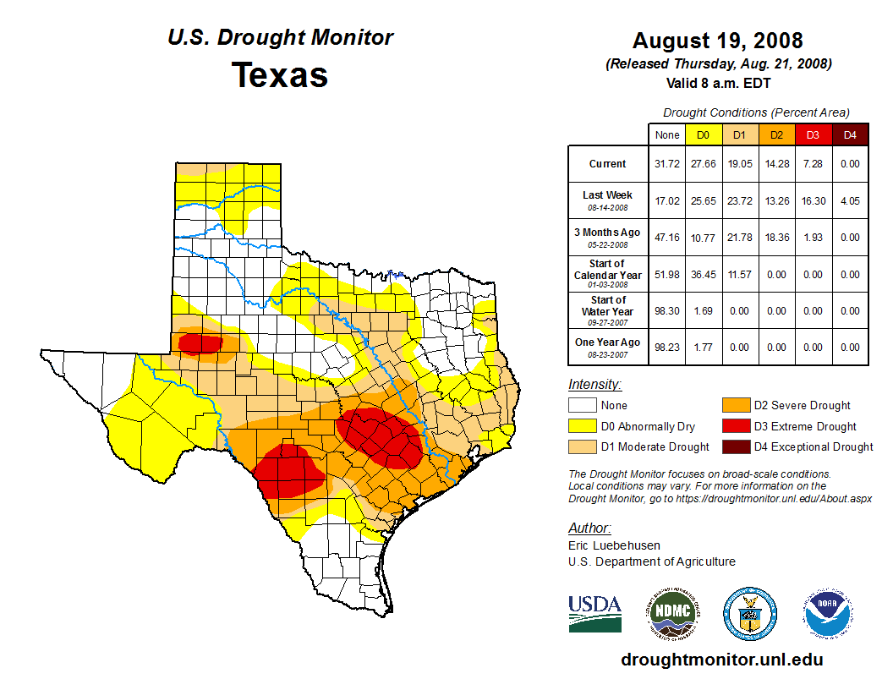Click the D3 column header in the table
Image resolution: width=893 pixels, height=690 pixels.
click(x=812, y=134)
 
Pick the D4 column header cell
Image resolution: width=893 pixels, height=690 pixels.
click(x=850, y=134)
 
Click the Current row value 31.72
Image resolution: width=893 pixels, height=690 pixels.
click(x=666, y=164)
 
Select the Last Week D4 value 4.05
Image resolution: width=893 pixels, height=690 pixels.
click(x=850, y=200)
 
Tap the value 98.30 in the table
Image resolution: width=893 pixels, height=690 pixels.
click(x=666, y=310)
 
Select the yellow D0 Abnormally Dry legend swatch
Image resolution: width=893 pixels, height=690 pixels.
click(x=581, y=426)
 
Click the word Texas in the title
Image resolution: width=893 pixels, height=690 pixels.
click(x=280, y=75)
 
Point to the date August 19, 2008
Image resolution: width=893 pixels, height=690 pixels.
click(x=717, y=41)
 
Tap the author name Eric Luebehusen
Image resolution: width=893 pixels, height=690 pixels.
click(x=614, y=545)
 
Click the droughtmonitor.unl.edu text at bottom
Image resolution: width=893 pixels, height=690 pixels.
click(x=721, y=660)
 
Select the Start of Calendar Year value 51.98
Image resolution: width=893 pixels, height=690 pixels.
click(x=666, y=274)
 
